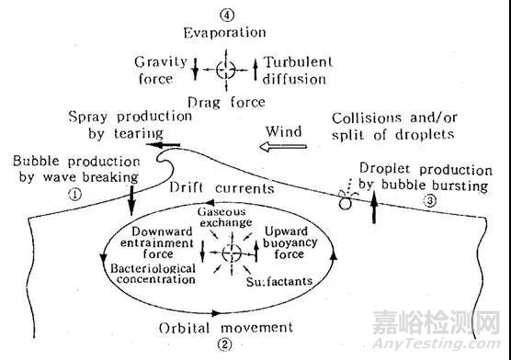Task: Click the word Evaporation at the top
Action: (224, 33)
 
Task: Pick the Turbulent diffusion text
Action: (293, 70)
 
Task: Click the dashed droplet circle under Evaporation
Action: (224, 70)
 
